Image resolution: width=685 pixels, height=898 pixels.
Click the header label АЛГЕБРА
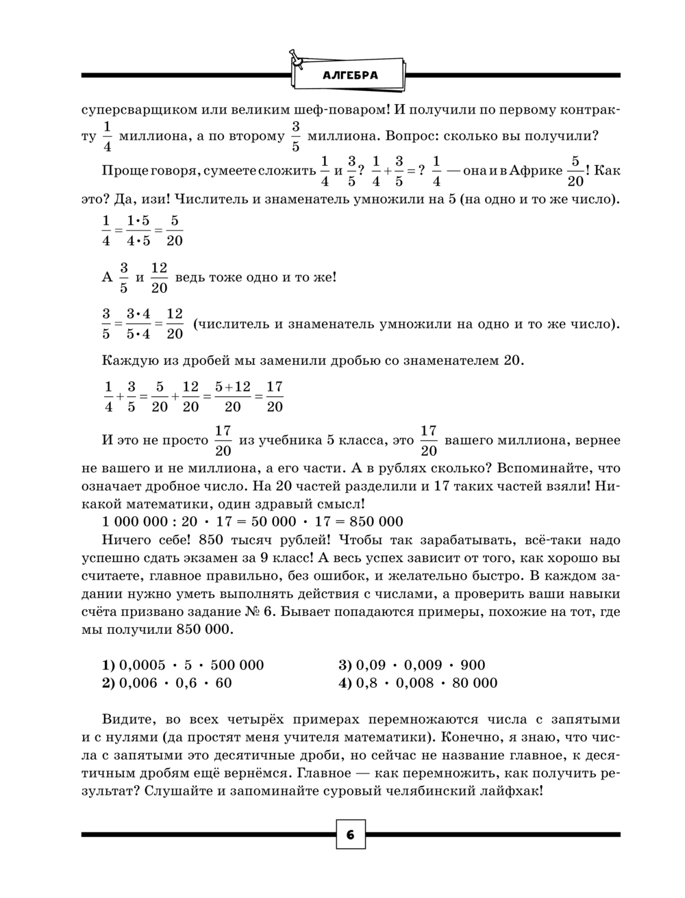(x=349, y=75)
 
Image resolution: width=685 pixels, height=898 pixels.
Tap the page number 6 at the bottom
(x=349, y=834)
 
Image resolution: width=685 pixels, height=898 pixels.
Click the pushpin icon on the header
(x=296, y=57)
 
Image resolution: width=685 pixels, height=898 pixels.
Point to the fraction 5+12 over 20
(x=232, y=397)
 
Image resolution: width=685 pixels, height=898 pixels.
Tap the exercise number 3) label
(x=345, y=665)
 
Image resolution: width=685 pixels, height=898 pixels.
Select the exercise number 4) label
(x=345, y=682)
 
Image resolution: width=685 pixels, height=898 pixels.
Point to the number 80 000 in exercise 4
(x=474, y=682)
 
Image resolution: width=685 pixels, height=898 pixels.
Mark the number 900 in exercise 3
(x=473, y=665)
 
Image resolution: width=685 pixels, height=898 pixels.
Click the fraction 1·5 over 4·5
(x=138, y=231)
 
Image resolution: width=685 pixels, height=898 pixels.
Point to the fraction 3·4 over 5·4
(x=138, y=324)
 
